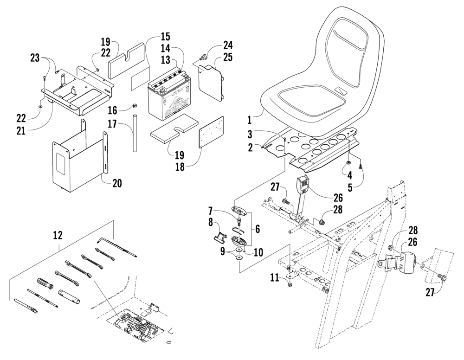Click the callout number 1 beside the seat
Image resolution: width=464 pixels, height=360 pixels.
[x=249, y=120]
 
